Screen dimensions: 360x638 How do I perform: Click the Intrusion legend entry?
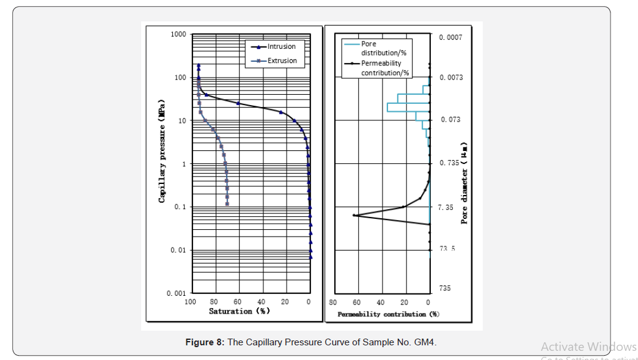[x=281, y=46]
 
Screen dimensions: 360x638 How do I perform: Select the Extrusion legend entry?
[x=282, y=61]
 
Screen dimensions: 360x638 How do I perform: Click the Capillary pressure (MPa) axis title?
[x=162, y=150]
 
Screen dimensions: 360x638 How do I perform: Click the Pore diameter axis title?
[x=464, y=183]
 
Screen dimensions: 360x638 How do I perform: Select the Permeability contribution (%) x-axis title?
[x=389, y=314]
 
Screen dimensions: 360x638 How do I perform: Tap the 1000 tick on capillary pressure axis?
[x=178, y=34]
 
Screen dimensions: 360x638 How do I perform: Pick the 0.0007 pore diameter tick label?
[x=450, y=37]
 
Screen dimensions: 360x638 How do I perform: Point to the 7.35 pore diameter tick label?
[x=446, y=208]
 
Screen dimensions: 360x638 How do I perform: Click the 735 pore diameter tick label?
[x=444, y=288]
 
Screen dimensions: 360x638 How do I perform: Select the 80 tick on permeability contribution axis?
[x=332, y=303]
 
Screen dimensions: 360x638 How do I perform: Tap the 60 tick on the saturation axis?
[x=238, y=302]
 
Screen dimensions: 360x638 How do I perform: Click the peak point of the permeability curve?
[x=354, y=215]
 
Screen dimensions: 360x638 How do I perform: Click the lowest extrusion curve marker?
[x=227, y=204]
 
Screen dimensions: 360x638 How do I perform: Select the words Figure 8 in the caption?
[x=205, y=342]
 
